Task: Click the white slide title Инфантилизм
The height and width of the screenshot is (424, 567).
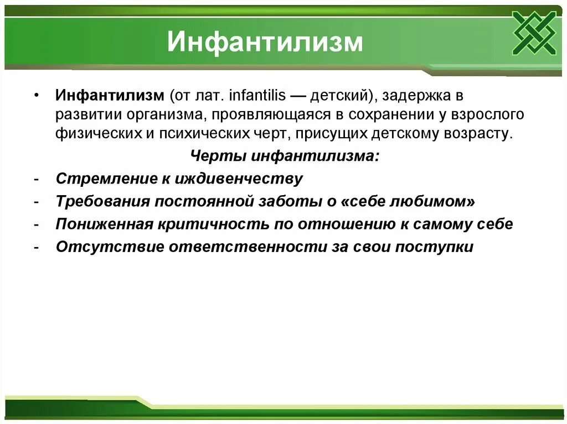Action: pyautogui.click(x=265, y=43)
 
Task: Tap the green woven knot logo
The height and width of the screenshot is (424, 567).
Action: pyautogui.click(x=534, y=33)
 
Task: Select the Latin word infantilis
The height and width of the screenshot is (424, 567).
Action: pyautogui.click(x=255, y=96)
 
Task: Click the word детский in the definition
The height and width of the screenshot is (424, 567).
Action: pyautogui.click(x=336, y=96)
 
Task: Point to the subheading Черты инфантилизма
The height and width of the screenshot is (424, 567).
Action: pyautogui.click(x=285, y=156)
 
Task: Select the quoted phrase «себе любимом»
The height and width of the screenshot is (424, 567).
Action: pyautogui.click(x=409, y=202)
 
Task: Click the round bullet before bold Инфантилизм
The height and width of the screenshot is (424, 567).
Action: pyautogui.click(x=36, y=96)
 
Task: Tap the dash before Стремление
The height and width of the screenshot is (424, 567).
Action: pyautogui.click(x=35, y=179)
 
